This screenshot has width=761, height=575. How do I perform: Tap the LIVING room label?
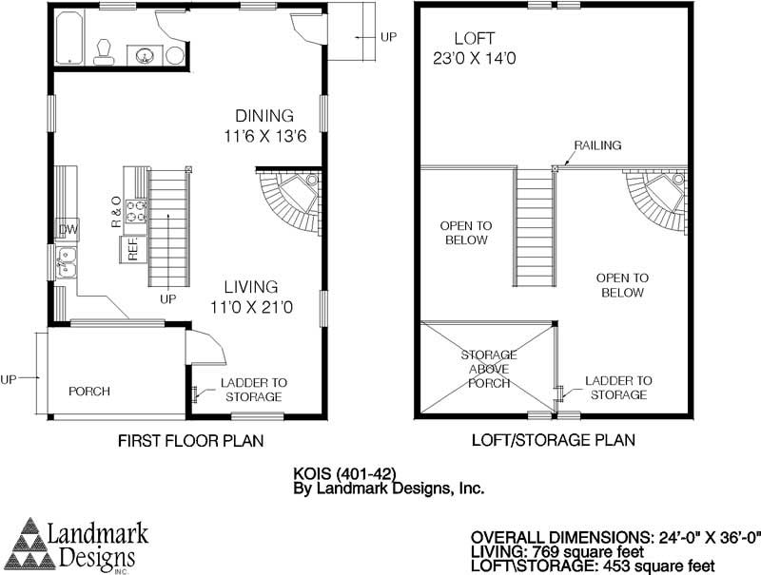[251, 286]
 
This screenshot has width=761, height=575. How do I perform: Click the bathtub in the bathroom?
[69, 39]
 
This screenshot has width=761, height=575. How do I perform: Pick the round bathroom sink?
[146, 55]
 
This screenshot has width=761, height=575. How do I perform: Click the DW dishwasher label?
[68, 230]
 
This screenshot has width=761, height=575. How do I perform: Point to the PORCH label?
[89, 392]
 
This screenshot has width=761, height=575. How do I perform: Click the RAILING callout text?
[597, 145]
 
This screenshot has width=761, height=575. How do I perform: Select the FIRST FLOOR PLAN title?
[190, 441]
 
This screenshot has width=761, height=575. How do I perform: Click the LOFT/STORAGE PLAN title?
[554, 441]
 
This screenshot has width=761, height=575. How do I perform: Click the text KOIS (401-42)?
[344, 471]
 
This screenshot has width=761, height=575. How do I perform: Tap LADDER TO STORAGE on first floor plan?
[253, 389]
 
